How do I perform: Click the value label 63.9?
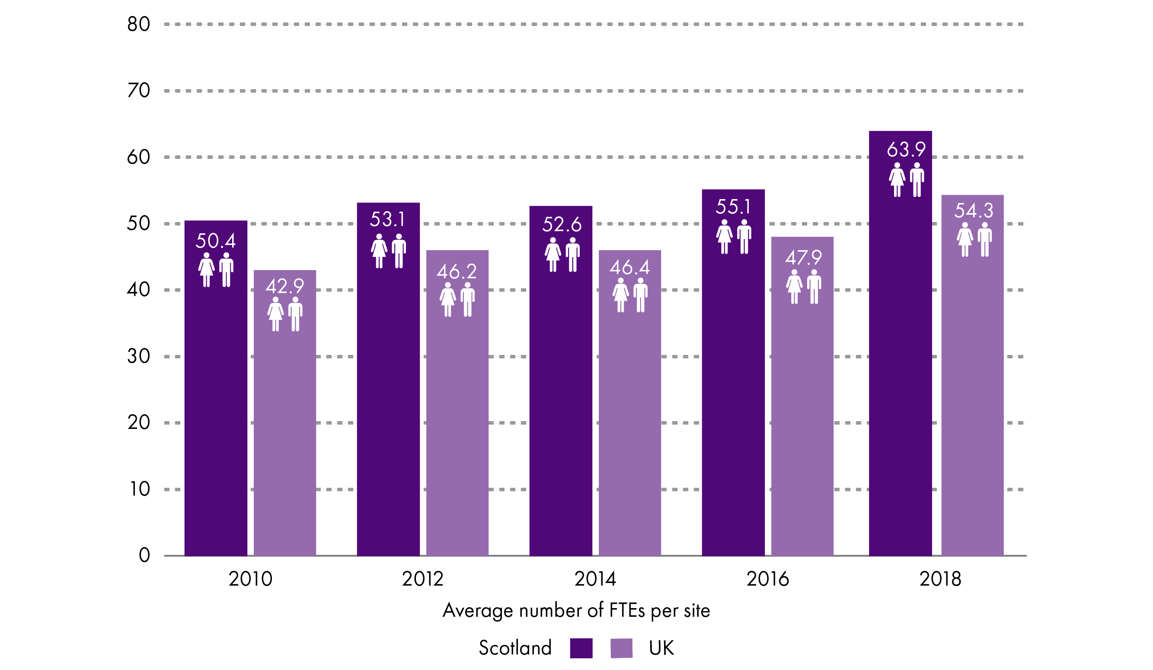point(906,149)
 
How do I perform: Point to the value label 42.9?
point(284,287)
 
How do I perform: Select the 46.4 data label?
point(629,267)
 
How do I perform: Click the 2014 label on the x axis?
point(595,579)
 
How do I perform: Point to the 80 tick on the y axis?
point(139,24)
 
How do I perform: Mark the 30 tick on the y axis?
point(139,356)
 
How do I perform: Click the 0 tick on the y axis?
point(144,555)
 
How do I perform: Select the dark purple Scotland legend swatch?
point(581,648)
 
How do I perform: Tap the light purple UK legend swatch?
point(621,648)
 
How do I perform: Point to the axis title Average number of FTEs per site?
point(576,610)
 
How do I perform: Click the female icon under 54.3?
point(965,239)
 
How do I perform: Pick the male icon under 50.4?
point(226,270)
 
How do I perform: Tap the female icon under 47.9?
point(794,287)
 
